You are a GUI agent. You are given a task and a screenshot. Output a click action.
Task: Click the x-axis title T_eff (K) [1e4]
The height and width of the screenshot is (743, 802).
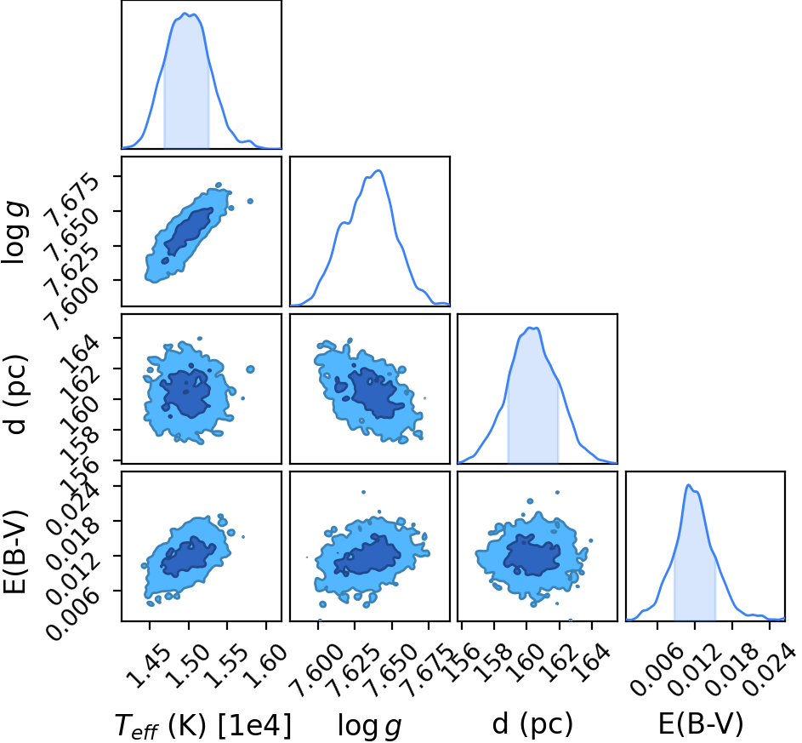203,725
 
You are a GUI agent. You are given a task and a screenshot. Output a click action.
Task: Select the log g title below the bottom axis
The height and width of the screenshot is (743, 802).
369,726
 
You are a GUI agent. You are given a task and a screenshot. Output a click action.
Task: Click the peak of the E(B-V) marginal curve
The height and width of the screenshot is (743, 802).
688,485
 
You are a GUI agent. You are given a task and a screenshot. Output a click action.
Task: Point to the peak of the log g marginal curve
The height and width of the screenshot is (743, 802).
378,170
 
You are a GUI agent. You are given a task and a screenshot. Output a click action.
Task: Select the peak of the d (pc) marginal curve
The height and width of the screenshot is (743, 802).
532,328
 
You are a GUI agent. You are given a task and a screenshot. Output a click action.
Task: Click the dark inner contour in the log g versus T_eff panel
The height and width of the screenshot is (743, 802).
187,231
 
